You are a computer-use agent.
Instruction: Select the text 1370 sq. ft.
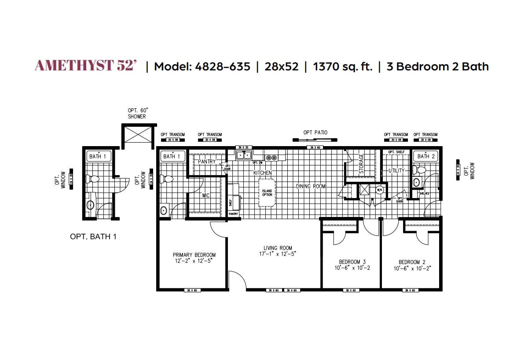(342, 66)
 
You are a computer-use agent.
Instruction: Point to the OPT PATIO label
(315, 132)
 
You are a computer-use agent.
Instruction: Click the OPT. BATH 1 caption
(93, 237)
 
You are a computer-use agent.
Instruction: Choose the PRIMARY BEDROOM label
(194, 255)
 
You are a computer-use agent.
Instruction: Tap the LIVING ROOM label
(278, 248)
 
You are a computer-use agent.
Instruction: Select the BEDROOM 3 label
(349, 261)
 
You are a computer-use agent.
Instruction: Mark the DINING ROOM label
(311, 187)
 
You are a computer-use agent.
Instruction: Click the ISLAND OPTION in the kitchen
(267, 193)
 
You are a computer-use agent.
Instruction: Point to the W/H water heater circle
(379, 190)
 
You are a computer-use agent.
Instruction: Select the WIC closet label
(206, 195)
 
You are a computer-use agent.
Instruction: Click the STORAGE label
(362, 164)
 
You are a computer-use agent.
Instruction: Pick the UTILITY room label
(396, 171)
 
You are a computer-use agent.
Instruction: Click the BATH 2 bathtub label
(426, 156)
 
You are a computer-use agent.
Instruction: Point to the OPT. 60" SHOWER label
(137, 114)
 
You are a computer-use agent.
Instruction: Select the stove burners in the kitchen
(271, 157)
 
